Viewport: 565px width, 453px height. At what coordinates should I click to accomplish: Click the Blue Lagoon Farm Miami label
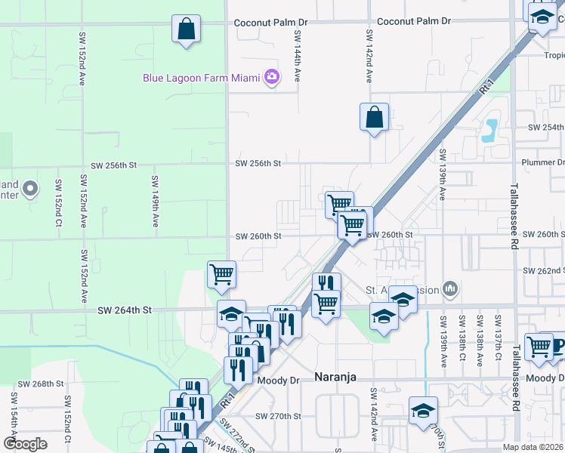[201, 77]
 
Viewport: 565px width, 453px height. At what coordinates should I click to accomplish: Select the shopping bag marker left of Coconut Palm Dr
[186, 31]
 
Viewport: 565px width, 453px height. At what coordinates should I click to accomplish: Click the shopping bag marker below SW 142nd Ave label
[374, 118]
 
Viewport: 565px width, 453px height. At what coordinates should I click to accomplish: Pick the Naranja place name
[335, 377]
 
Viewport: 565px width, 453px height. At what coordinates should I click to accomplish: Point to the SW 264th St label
[125, 310]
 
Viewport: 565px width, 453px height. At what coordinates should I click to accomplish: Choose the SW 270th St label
[278, 416]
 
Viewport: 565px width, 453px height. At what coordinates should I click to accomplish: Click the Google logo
[25, 443]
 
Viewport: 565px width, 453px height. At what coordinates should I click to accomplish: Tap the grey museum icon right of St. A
[450, 288]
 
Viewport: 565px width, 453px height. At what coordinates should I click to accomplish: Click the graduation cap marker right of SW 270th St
[423, 411]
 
